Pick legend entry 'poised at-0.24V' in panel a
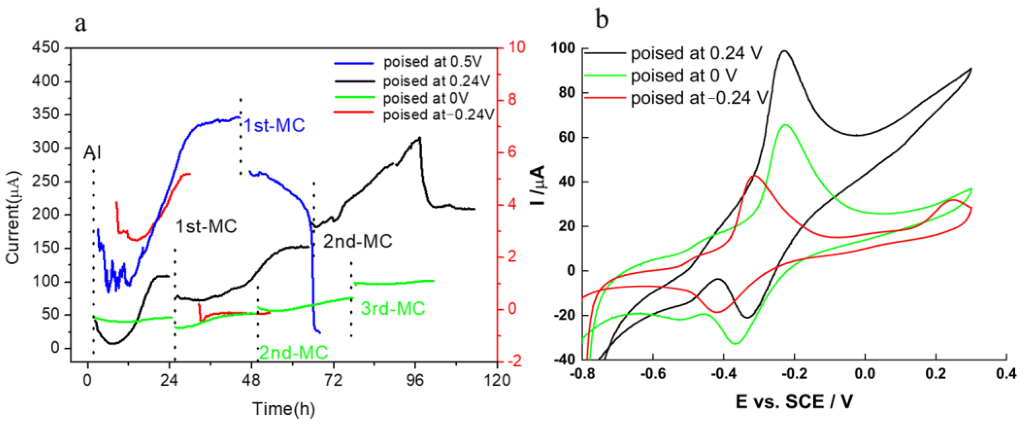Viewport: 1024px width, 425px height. (438, 115)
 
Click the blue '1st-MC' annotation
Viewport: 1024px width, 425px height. (274, 125)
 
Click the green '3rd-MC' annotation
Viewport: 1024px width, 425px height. (393, 309)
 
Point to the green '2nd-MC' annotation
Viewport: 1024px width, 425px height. (293, 352)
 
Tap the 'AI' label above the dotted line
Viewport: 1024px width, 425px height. (92, 152)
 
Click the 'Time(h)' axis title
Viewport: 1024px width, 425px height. (283, 409)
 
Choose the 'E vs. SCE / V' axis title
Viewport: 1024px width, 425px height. (794, 401)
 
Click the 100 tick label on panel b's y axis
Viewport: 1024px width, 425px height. (563, 49)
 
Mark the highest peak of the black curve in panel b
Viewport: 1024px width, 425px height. (784, 51)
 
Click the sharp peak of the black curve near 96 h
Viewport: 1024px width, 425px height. (419, 137)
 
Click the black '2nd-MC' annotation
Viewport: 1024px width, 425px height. (358, 241)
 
